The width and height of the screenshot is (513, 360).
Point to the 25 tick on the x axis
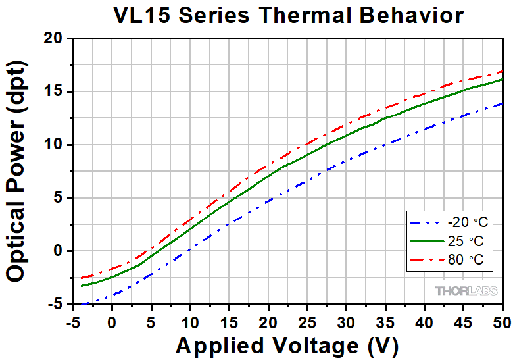point(307,323)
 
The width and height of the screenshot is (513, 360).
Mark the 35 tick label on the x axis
point(385,323)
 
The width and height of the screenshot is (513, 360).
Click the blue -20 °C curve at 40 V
point(424,130)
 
